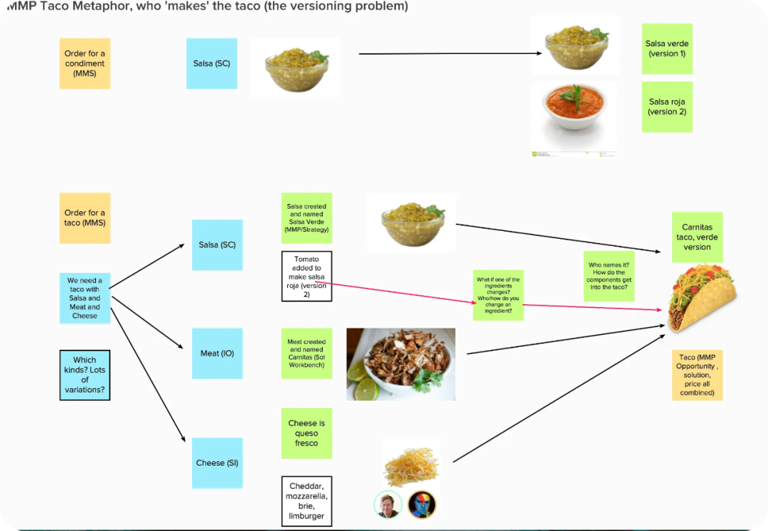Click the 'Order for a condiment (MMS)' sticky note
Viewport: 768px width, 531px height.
point(85,63)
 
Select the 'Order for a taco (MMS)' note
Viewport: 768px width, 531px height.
point(85,218)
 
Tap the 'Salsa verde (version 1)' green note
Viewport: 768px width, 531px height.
point(666,48)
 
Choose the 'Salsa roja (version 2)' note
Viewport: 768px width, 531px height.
point(666,107)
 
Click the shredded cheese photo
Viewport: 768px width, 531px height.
point(410,466)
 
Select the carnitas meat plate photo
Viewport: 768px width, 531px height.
point(401,363)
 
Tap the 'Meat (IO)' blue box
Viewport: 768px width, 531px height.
point(217,353)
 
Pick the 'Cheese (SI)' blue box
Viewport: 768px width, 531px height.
point(217,463)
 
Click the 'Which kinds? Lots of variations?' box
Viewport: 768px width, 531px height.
point(85,375)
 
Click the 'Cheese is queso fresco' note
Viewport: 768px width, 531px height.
point(306,433)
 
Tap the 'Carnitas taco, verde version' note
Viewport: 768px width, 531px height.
point(697,237)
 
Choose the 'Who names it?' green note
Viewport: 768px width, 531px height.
point(609,276)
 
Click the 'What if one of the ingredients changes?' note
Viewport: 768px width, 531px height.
point(498,294)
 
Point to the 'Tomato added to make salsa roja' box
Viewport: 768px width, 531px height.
point(306,276)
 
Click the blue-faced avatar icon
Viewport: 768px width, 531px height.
point(422,505)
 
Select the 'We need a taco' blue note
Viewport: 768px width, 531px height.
point(85,298)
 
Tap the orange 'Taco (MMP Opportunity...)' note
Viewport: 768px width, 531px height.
point(697,375)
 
